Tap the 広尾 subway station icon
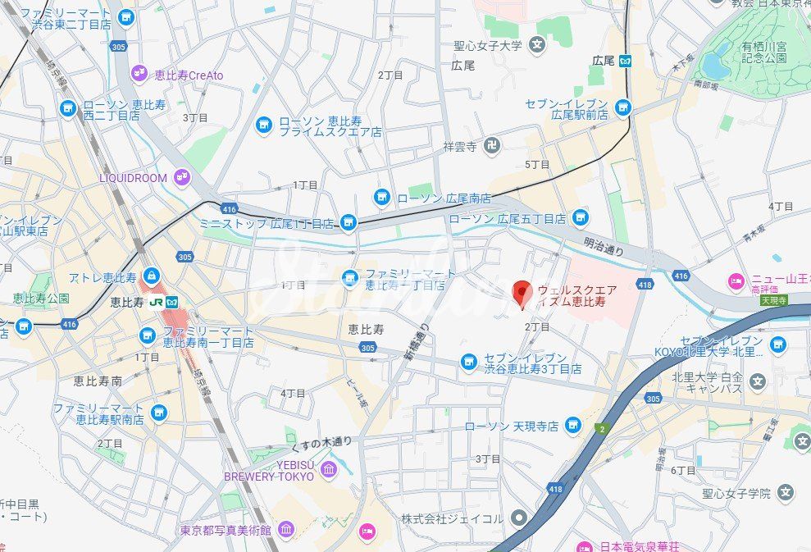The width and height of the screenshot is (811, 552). (625, 61)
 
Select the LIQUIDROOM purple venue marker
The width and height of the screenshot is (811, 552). (181, 177)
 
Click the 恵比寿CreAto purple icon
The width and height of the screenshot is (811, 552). (139, 75)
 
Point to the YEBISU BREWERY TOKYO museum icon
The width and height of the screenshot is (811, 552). (329, 469)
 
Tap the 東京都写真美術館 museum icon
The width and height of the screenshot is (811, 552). (285, 530)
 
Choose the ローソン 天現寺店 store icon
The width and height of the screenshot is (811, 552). (573, 425)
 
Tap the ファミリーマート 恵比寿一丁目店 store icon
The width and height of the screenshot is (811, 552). (350, 279)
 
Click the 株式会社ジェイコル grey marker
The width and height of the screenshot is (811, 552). (518, 518)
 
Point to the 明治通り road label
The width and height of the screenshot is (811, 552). (603, 246)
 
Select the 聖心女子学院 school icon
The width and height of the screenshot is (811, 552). (786, 493)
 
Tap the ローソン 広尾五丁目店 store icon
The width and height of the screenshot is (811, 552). (581, 218)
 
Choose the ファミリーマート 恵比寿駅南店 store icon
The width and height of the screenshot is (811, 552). (159, 413)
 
